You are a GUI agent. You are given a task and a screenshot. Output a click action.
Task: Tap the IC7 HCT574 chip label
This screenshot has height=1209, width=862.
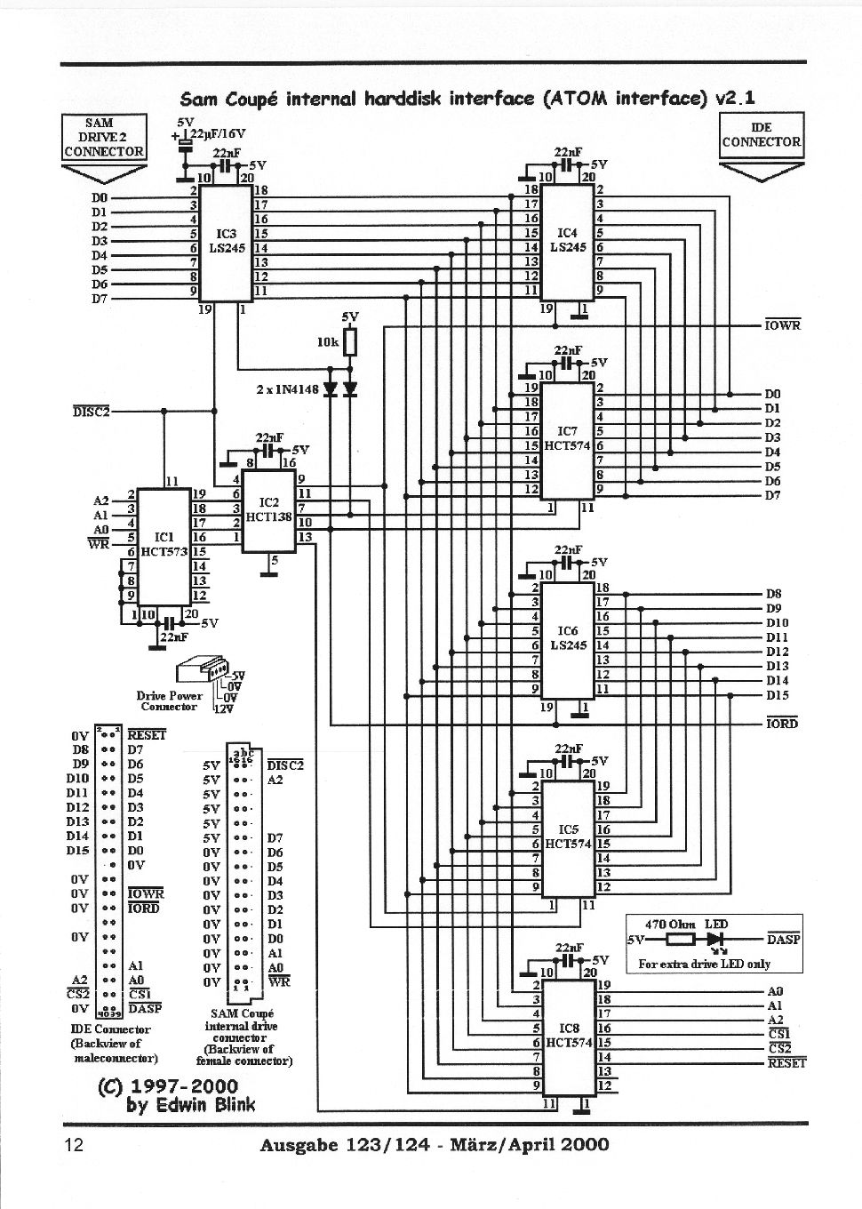coord(567,438)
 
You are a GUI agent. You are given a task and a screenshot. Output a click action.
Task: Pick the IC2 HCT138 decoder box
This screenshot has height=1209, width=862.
coord(268,508)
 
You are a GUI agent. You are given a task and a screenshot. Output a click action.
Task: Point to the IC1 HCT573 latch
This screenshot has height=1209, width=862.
coord(163,544)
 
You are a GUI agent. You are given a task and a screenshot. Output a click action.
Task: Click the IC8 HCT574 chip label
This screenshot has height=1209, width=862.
coord(566,1035)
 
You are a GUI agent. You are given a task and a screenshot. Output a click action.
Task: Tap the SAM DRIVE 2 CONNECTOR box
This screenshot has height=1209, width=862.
coord(103,137)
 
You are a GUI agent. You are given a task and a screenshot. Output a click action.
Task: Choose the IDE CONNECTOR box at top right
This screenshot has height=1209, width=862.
coord(761,135)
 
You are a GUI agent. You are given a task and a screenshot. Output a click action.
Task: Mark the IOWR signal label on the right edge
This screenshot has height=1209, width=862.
coord(783,325)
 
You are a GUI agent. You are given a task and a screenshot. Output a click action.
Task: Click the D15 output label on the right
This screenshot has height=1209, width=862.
coord(777,695)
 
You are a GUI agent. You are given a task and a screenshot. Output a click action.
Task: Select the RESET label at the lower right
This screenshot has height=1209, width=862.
coord(786,1062)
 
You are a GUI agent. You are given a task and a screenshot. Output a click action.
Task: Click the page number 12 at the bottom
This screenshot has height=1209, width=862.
coord(74,1144)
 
